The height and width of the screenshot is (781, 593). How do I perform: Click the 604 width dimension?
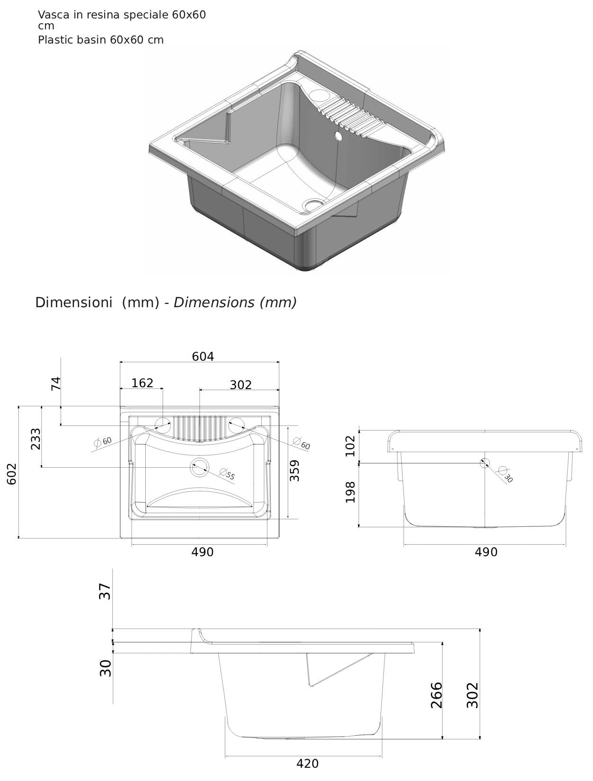(x=203, y=356)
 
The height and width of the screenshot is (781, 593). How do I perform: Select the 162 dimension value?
(x=142, y=383)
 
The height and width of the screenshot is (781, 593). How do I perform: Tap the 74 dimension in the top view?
(x=56, y=383)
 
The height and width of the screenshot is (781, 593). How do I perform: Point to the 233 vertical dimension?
(x=35, y=439)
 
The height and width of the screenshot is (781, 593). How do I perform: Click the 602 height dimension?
(x=12, y=473)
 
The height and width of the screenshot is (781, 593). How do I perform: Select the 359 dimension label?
(x=295, y=470)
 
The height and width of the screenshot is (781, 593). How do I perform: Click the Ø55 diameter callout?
(x=228, y=474)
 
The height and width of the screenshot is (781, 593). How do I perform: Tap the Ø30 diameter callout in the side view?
(x=506, y=475)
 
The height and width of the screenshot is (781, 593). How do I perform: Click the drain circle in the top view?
(x=199, y=468)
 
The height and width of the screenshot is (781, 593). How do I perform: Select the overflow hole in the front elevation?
(x=484, y=463)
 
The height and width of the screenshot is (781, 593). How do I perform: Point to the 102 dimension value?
(x=350, y=445)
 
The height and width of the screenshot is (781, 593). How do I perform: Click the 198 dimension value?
(x=350, y=492)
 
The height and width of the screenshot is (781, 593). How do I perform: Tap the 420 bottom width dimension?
(x=307, y=763)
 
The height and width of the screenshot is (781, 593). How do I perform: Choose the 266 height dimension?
(x=436, y=695)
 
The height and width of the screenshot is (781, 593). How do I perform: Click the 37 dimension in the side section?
(x=105, y=591)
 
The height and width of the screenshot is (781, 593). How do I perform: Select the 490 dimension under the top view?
(x=202, y=552)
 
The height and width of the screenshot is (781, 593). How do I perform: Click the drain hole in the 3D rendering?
(x=313, y=205)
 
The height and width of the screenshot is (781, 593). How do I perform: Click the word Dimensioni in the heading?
(x=73, y=302)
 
